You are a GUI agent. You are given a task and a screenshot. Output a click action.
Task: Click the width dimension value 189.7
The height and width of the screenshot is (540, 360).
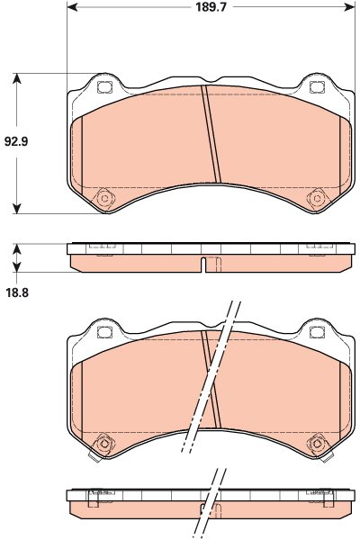click(211, 7)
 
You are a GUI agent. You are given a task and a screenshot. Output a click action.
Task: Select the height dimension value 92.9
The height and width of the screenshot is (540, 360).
click(16, 141)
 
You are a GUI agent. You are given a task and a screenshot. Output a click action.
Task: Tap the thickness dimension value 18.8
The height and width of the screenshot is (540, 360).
click(17, 292)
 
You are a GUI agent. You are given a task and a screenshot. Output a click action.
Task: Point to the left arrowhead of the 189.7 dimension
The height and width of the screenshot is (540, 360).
click(72, 7)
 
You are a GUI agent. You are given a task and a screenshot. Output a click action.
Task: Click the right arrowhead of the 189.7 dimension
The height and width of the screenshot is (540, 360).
click(349, 7)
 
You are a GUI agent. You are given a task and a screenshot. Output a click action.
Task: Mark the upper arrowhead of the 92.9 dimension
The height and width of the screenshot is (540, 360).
click(16, 78)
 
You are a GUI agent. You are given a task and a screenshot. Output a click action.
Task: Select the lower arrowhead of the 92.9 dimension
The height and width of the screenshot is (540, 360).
click(16, 209)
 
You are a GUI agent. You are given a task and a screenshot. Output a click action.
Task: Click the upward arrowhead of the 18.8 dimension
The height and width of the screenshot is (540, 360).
click(16, 249)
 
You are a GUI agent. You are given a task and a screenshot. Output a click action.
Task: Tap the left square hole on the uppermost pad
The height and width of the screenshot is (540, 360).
click(104, 87)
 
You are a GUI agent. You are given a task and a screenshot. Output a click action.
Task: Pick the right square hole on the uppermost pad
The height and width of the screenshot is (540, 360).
click(317, 87)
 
